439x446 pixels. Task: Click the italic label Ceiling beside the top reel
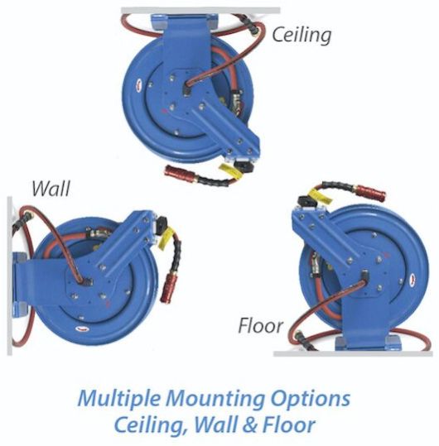tap(302, 35)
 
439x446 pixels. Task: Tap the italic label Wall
tap(51, 189)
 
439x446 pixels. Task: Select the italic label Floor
tap(260, 326)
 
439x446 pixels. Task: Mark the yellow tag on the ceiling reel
tap(230, 170)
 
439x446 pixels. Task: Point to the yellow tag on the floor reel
tap(321, 194)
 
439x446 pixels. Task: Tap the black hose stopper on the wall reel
tap(162, 226)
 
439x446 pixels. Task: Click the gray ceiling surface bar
tap(200, 11)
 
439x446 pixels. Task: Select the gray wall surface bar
tap(10, 276)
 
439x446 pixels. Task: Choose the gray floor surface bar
tap(353, 353)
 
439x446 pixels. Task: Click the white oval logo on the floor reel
tap(413, 279)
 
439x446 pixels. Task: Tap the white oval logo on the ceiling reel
tap(140, 84)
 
